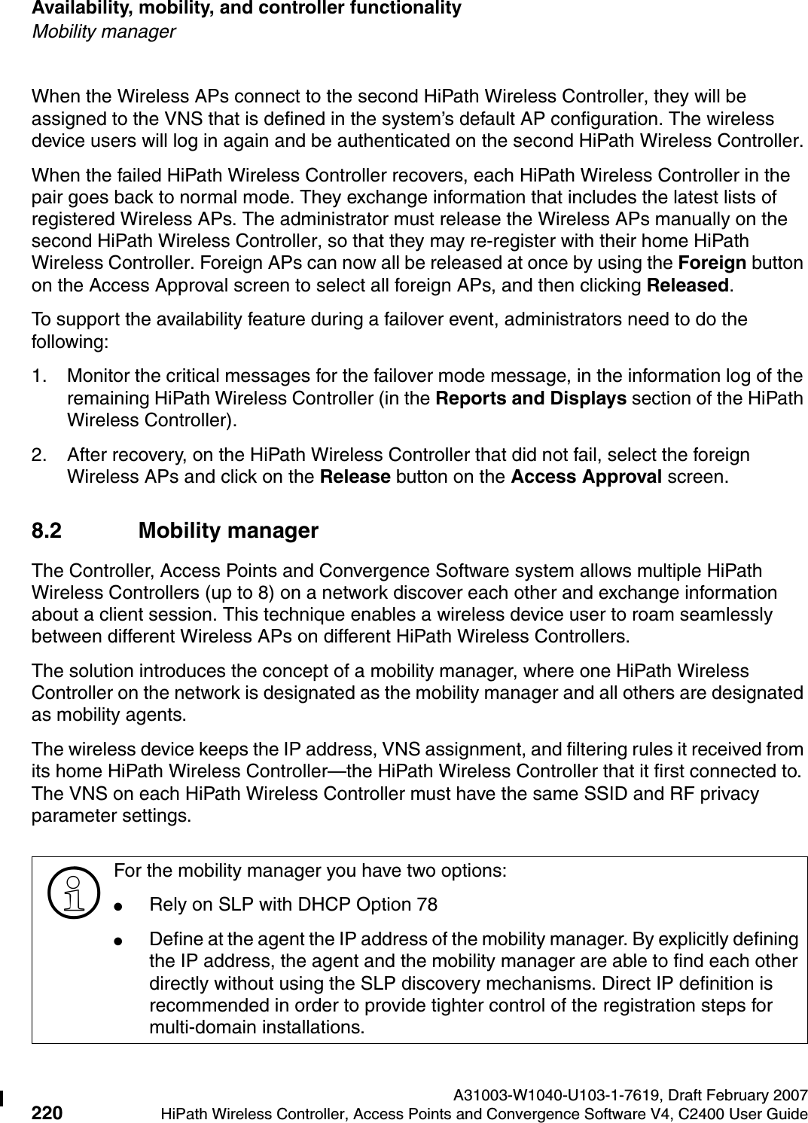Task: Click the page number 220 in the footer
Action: click(47, 1113)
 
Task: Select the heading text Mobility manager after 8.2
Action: click(228, 531)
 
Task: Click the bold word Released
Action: click(689, 285)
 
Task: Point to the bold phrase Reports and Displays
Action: click(532, 398)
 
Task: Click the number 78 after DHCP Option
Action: click(427, 904)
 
